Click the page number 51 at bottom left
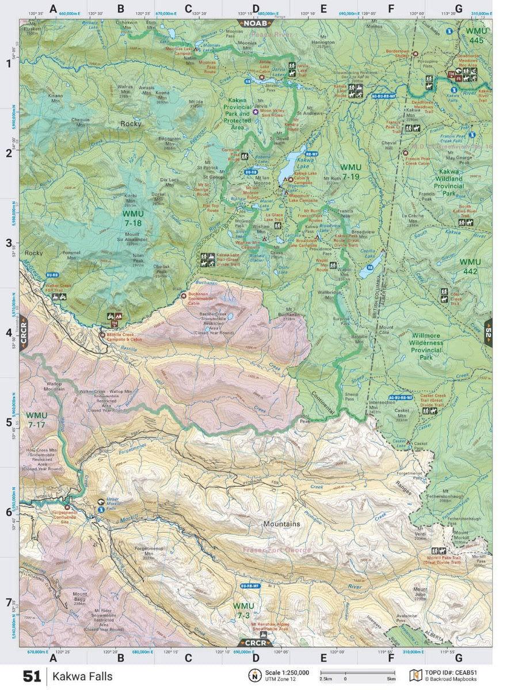(x=32, y=676)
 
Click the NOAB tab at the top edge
(x=255, y=24)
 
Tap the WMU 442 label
(x=470, y=266)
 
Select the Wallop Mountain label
(x=54, y=386)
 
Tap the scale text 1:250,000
(x=287, y=672)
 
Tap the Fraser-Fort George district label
(x=277, y=550)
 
